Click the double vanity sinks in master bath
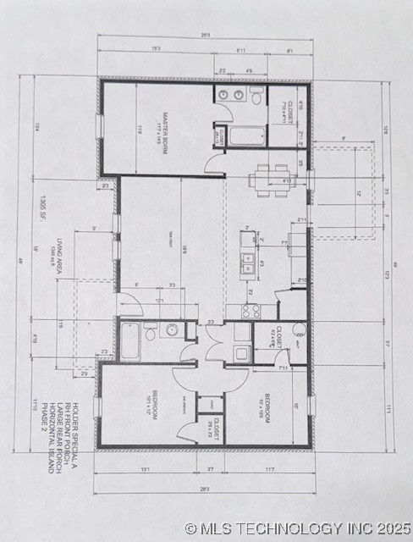(228, 95)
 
